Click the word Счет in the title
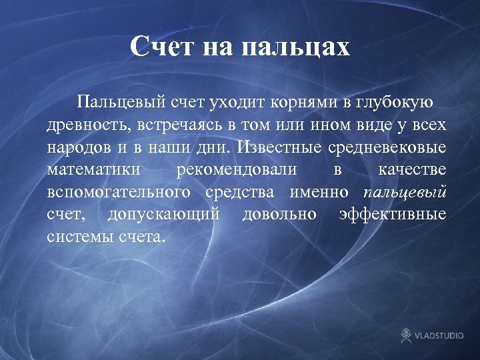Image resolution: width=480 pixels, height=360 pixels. point(160,47)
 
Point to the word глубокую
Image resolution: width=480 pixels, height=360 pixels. point(394,102)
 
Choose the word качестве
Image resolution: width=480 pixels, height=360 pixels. point(412,169)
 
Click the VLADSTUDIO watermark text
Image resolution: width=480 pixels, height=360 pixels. point(440,335)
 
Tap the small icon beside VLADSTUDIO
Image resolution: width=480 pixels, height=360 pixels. point(406,335)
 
